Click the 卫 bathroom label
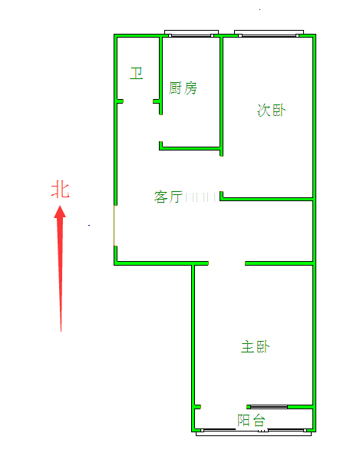(137, 73)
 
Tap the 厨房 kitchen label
(183, 88)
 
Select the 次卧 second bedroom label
(272, 110)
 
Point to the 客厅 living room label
(168, 197)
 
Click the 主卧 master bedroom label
(256, 346)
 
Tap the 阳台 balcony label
(252, 420)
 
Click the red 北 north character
(60, 190)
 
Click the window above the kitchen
(191, 33)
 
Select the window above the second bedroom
(269, 33)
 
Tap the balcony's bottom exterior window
(254, 432)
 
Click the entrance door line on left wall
(114, 226)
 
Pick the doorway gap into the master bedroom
(226, 263)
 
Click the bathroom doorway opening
(138, 101)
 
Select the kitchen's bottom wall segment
(190, 148)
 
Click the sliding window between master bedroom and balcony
(267, 407)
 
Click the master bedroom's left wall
(193, 347)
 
